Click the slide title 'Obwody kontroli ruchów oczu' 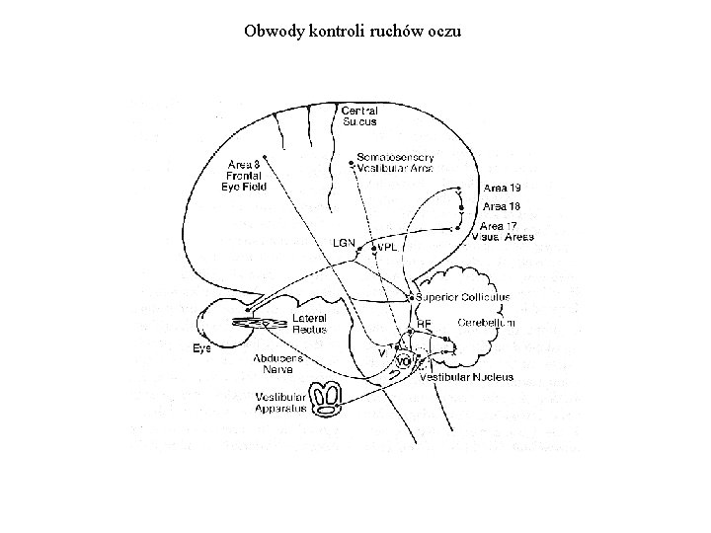click(x=353, y=31)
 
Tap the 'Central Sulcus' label click(x=359, y=116)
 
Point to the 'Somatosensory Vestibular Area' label click(x=395, y=161)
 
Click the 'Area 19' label click(x=502, y=188)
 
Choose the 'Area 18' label click(x=502, y=206)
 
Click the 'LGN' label click(x=343, y=242)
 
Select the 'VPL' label click(x=386, y=248)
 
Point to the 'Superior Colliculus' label click(x=463, y=296)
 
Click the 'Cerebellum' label click(x=486, y=323)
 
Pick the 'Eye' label click(x=201, y=348)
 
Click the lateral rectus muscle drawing click(x=260, y=323)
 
